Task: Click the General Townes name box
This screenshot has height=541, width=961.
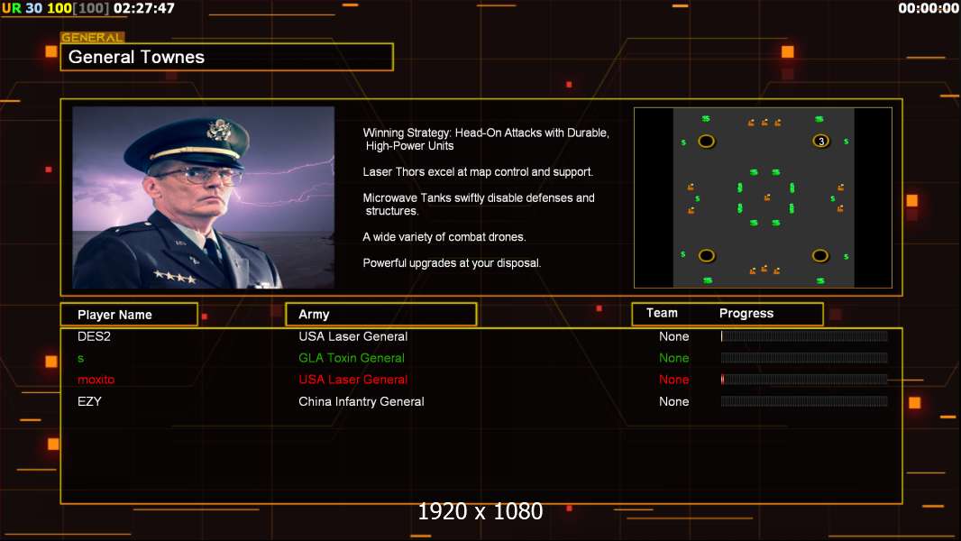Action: pyautogui.click(x=227, y=57)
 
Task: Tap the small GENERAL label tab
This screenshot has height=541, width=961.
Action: pyautogui.click(x=93, y=37)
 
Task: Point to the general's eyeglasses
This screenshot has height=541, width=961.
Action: pyautogui.click(x=197, y=177)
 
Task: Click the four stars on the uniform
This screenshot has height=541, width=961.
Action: pyautogui.click(x=175, y=278)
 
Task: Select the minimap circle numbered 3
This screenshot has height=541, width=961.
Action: pyautogui.click(x=820, y=142)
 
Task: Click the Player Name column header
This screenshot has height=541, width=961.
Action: pyautogui.click(x=129, y=315)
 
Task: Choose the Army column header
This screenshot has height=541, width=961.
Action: pyautogui.click(x=380, y=315)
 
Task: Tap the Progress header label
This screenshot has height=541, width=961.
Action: pyautogui.click(x=746, y=314)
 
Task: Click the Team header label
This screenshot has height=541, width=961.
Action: pyautogui.click(x=662, y=313)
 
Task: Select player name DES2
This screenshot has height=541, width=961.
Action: pyautogui.click(x=94, y=336)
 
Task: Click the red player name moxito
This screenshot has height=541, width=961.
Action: pyautogui.click(x=96, y=380)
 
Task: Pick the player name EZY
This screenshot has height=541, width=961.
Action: pyautogui.click(x=89, y=401)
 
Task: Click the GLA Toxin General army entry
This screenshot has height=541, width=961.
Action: pyautogui.click(x=352, y=358)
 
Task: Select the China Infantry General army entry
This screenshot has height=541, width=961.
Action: pyautogui.click(x=361, y=402)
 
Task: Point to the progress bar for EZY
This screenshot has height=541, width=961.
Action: pyautogui.click(x=804, y=401)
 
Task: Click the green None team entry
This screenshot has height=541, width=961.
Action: pyautogui.click(x=673, y=358)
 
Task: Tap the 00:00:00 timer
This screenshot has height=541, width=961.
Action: pyautogui.click(x=929, y=8)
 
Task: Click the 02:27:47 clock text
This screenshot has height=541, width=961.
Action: pyautogui.click(x=144, y=8)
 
